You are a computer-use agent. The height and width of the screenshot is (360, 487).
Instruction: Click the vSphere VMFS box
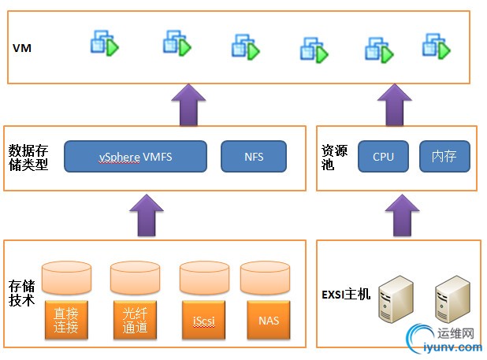[136, 157]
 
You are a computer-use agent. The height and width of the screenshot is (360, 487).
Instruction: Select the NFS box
[253, 157]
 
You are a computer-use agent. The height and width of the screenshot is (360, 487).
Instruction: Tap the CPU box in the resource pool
[383, 157]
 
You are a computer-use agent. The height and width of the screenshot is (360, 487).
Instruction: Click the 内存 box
[444, 157]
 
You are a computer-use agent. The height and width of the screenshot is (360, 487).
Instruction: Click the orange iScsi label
[203, 320]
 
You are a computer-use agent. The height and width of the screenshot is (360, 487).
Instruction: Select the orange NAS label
[268, 320]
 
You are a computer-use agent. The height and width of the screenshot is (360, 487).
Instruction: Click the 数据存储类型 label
[28, 157]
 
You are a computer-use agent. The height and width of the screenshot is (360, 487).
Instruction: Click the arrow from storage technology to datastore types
[147, 215]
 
